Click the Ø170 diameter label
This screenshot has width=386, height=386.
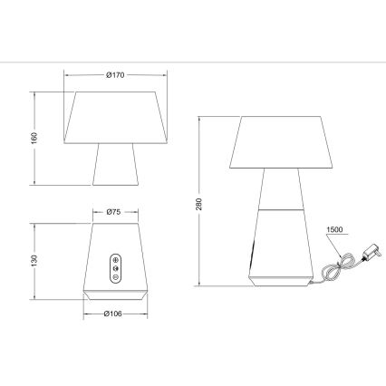click(x=115, y=75)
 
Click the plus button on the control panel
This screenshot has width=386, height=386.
click(x=114, y=257)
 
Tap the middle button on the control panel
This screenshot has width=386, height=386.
click(x=114, y=267)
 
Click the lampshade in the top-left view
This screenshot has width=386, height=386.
click(x=115, y=117)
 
